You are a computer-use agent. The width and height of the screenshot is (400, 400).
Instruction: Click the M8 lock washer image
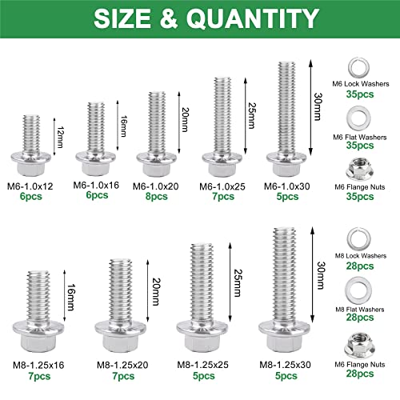coord(359,237)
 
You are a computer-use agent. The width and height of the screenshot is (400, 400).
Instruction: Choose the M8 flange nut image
coord(359,343)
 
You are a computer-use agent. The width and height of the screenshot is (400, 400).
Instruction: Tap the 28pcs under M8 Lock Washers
coord(359,266)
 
